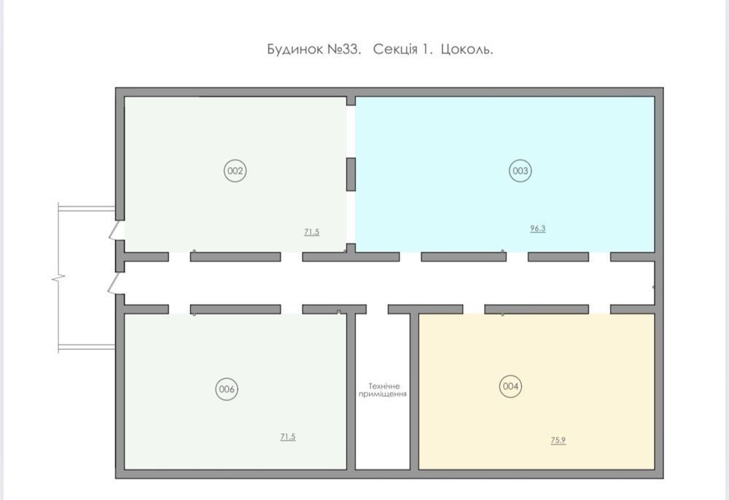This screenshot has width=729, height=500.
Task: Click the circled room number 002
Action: click(x=235, y=171)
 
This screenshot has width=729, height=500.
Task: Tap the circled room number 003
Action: click(x=521, y=171)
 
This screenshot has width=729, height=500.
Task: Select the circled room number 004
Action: click(x=510, y=386)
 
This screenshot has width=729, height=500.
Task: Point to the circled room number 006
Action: click(x=227, y=389)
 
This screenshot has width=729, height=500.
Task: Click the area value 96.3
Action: click(x=538, y=229)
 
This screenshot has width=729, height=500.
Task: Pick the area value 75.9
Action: click(x=558, y=440)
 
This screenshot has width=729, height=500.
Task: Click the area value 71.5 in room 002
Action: click(x=312, y=232)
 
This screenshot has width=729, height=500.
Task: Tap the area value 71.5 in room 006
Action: click(x=288, y=437)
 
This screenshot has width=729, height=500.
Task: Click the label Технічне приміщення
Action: click(x=383, y=390)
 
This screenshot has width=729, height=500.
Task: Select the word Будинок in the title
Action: click(x=295, y=50)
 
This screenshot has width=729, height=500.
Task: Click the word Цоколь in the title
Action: click(x=467, y=50)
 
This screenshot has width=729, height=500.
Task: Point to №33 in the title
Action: click(x=345, y=50)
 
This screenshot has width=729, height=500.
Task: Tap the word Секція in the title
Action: click(x=395, y=50)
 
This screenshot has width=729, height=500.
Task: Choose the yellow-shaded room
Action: click(x=537, y=391)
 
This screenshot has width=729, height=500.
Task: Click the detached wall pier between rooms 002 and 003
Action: click(x=351, y=174)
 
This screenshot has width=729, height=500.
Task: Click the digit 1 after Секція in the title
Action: click(x=426, y=50)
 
